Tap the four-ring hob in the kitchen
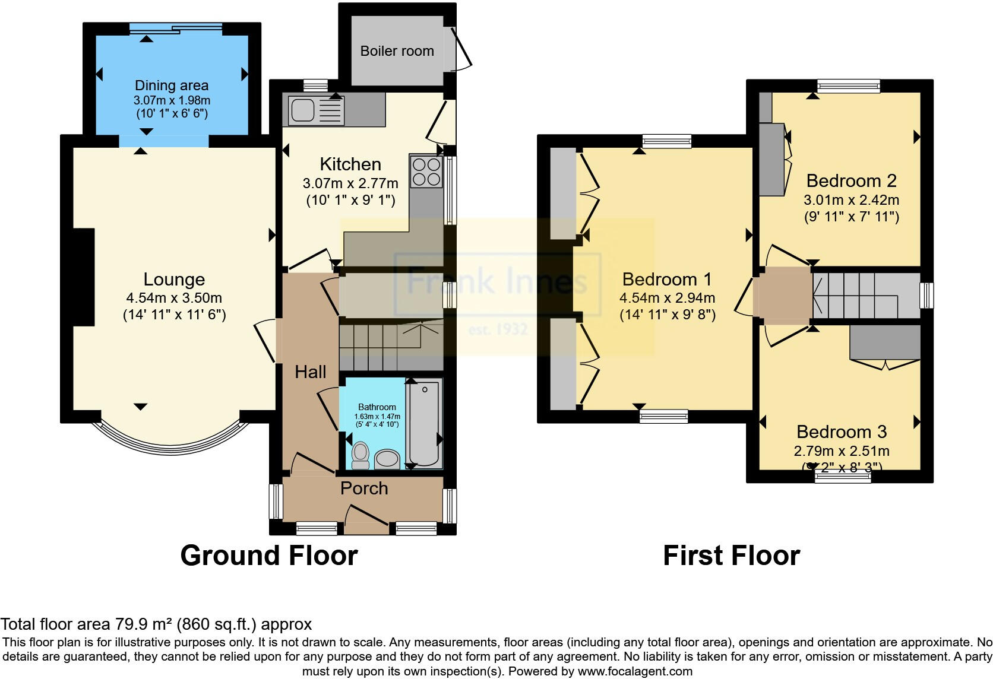426,171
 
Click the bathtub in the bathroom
424,423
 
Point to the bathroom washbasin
387,458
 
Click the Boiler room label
397,51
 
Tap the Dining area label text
172,85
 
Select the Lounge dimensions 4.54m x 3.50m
174,298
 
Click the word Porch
364,488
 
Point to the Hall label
311,372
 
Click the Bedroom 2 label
851,180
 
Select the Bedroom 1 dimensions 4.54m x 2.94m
667,298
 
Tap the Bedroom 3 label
842,431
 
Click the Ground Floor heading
269,556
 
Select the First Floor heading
731,556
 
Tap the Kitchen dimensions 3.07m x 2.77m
350,183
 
